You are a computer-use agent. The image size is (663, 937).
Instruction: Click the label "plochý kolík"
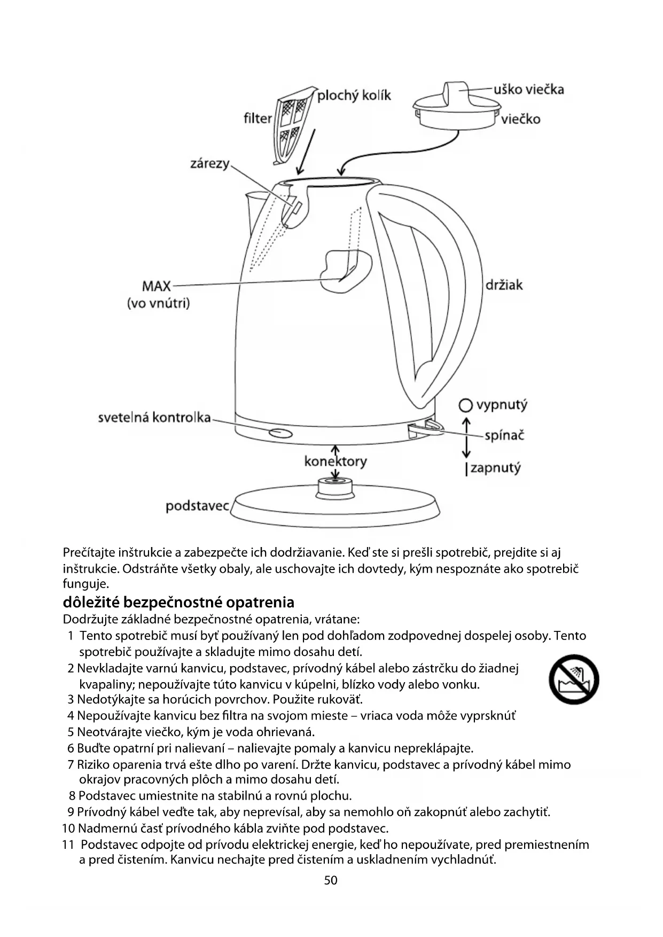(x=354, y=96)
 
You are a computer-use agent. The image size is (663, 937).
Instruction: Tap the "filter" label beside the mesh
(x=258, y=118)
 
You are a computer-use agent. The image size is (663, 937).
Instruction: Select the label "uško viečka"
(x=528, y=89)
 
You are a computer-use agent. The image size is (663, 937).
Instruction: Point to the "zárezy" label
(x=209, y=163)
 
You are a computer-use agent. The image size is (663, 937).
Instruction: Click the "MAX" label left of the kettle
(x=156, y=286)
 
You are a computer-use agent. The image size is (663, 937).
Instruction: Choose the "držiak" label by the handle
(x=504, y=285)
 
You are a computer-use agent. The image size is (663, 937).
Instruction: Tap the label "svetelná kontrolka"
(x=154, y=417)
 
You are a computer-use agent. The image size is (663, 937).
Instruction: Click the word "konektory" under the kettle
(x=336, y=461)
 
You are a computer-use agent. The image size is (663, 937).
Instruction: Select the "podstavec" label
(x=197, y=505)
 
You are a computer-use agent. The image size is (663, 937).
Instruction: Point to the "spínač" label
(x=504, y=435)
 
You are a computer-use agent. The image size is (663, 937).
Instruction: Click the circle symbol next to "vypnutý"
(x=466, y=406)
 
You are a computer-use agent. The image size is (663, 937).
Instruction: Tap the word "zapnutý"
(x=495, y=468)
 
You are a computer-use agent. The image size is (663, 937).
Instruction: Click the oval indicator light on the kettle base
(x=280, y=433)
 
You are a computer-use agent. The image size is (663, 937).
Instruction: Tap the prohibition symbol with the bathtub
(x=573, y=680)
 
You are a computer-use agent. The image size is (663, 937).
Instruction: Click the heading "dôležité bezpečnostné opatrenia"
(x=178, y=603)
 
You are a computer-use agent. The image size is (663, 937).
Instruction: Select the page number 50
(x=331, y=880)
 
